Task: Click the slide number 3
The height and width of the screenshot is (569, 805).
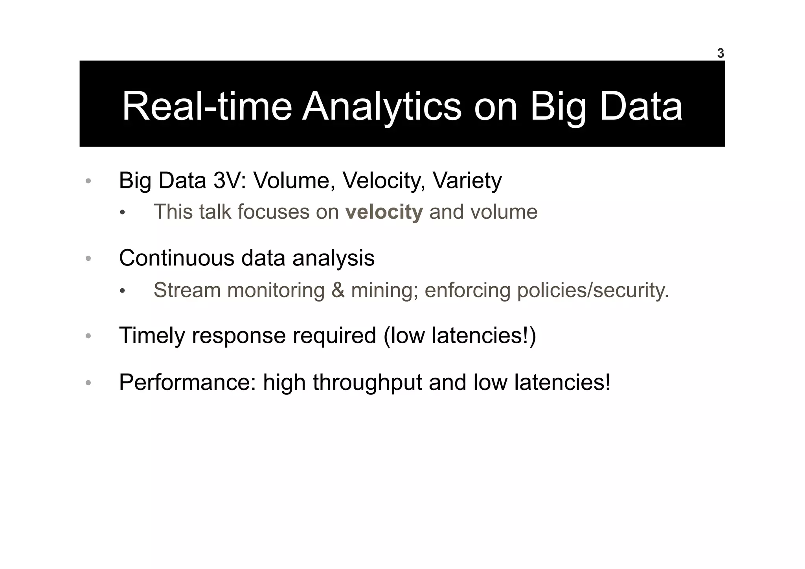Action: (720, 53)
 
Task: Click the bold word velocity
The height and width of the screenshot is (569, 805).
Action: (384, 212)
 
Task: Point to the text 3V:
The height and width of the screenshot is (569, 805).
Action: (230, 181)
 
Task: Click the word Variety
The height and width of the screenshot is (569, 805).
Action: (467, 181)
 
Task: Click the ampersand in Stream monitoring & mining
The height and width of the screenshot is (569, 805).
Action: (338, 290)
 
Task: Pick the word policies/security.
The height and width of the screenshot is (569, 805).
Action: (593, 290)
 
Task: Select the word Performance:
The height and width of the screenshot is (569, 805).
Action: (187, 382)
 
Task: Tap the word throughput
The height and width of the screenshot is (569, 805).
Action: (367, 382)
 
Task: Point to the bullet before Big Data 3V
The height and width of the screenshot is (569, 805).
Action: (88, 181)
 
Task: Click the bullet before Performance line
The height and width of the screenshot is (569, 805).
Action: (88, 383)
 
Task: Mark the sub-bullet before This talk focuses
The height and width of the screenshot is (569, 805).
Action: (122, 213)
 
